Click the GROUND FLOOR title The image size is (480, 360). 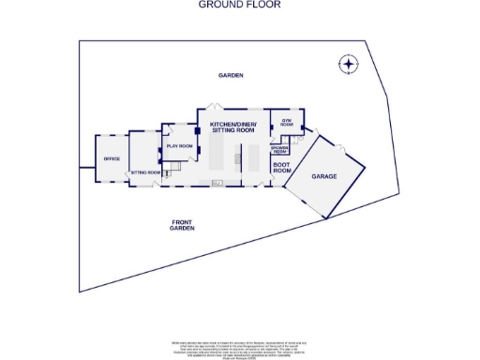[239, 5]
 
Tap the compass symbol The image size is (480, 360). [348, 65]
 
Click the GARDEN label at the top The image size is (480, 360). [231, 75]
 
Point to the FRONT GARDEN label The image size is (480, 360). [182, 225]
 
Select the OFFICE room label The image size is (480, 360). [112, 159]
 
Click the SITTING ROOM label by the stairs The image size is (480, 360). [144, 172]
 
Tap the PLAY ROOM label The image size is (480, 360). [179, 147]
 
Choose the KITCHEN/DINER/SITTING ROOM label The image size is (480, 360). [232, 127]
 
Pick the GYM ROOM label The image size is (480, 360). [287, 123]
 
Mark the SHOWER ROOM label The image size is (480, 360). [278, 149]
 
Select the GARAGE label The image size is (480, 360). [324, 176]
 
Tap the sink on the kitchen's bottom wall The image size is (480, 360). [218, 184]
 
